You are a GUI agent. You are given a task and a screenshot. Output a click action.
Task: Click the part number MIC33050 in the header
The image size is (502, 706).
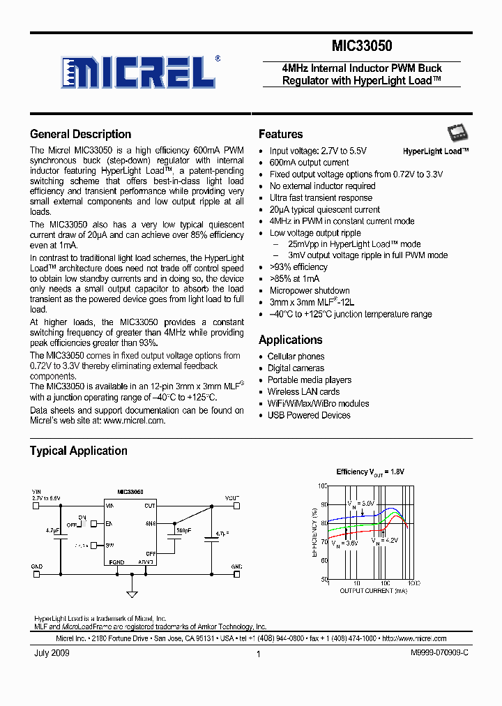(362, 46)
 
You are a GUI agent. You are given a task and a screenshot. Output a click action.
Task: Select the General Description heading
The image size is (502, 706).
(80, 134)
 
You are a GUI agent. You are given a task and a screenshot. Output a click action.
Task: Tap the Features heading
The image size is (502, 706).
(280, 134)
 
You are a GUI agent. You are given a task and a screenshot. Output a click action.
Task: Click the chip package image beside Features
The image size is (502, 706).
(457, 134)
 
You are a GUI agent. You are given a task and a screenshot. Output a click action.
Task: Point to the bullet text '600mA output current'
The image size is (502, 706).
(309, 163)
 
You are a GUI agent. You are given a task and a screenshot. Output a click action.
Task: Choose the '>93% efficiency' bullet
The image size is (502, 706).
(298, 267)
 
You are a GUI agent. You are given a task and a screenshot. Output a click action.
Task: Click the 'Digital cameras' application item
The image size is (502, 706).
(296, 368)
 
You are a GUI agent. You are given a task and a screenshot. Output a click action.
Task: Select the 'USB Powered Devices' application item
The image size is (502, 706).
(309, 415)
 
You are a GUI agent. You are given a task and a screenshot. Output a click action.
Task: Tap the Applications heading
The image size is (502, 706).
(290, 340)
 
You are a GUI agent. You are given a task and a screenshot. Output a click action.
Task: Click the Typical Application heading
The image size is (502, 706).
(78, 451)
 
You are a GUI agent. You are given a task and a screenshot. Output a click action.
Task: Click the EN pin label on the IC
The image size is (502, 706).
(109, 523)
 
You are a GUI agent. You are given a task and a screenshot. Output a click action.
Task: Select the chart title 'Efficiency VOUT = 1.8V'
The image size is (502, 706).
(370, 472)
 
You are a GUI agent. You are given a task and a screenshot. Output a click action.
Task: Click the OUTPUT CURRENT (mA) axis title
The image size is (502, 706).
(372, 591)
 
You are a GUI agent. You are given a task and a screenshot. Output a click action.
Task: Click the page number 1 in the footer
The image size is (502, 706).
(258, 654)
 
